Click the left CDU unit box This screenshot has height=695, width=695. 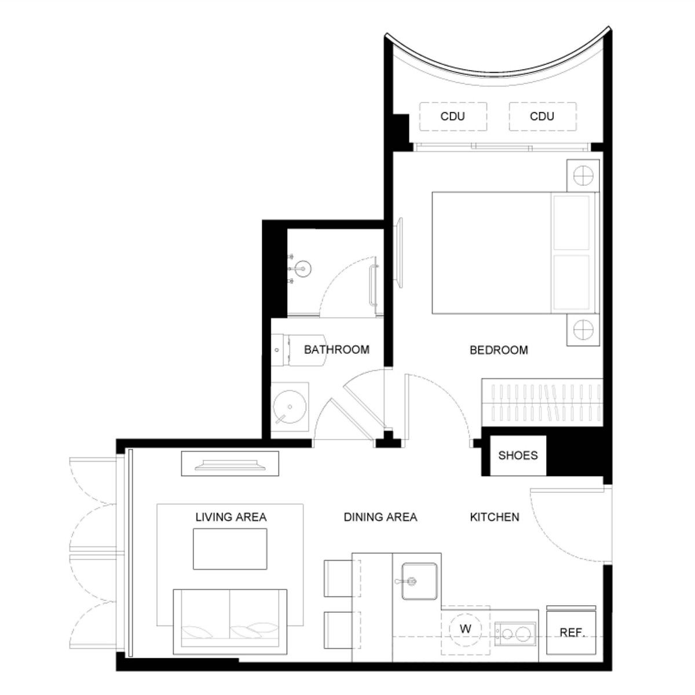[453, 116]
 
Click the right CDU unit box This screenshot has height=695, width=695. [543, 116]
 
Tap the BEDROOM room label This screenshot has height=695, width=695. [499, 350]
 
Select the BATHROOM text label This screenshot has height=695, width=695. [336, 349]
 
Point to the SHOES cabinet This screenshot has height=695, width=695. [518, 456]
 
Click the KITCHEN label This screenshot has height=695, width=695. [495, 517]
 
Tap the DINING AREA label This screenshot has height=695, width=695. [381, 517]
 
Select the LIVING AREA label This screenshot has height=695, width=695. [231, 517]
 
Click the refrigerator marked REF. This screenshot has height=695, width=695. [571, 632]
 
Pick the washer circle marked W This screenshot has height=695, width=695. [465, 629]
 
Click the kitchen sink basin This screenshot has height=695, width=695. [420, 581]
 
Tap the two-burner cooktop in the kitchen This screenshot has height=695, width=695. [515, 634]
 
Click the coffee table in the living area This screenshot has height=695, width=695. [230, 549]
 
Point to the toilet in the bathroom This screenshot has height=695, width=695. [299, 350]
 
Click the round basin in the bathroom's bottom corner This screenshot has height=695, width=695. [290, 407]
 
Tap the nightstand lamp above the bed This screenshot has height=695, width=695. [583, 175]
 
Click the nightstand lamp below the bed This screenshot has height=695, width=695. [583, 330]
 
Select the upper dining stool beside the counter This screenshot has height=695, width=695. [342, 578]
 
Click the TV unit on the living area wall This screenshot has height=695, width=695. [230, 463]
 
